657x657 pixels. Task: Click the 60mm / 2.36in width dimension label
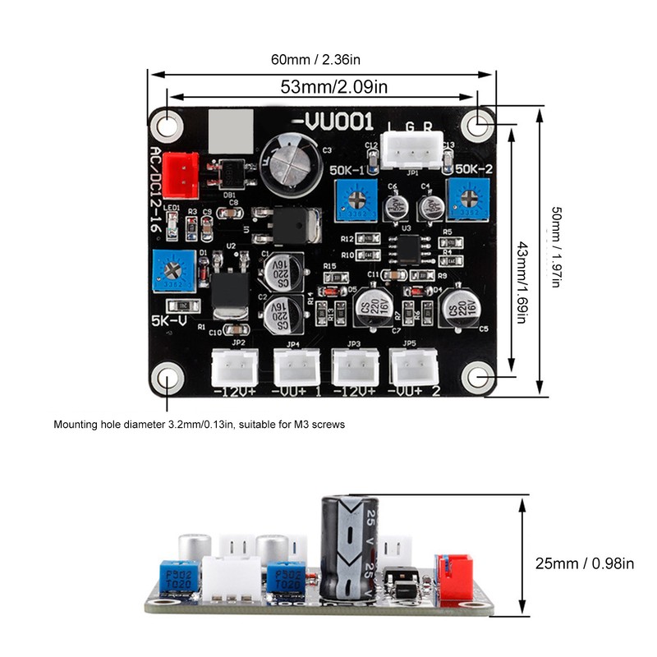pos(320,58)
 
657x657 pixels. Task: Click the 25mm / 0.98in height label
pos(585,563)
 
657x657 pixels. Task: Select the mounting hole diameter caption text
pos(200,425)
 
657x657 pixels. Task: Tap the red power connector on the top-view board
pos(181,175)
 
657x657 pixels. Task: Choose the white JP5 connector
pos(413,367)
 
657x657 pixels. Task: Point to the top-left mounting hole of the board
pos(168,125)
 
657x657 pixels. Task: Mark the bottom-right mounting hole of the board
pos(478,378)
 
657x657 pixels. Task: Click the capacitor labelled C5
pos(461,307)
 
